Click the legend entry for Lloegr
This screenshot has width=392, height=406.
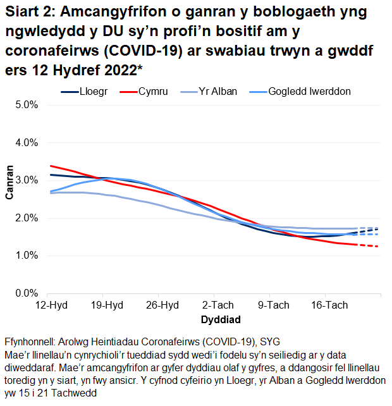tap(93, 92)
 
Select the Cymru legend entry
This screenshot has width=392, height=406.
tap(154, 92)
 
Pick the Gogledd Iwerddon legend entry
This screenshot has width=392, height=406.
tap(309, 92)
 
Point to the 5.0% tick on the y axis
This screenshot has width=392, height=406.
tap(26, 105)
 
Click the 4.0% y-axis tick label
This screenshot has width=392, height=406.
tap(26, 143)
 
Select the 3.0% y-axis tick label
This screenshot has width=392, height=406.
tap(26, 180)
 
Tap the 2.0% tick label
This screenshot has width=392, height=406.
tap(26, 218)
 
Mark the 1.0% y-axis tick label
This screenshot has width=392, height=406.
tap(26, 256)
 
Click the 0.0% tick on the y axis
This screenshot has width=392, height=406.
tap(26, 293)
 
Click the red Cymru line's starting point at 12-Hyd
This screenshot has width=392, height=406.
tap(51, 166)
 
